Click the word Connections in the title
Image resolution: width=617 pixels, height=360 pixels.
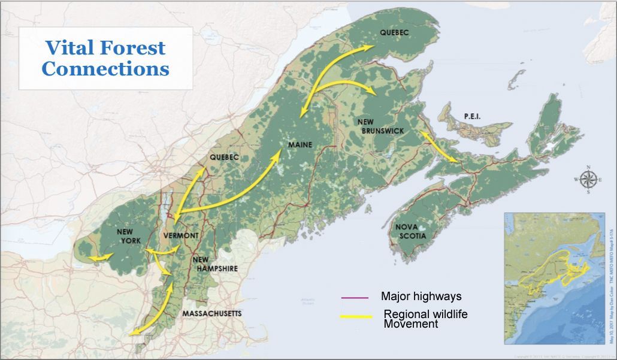pyautogui.click(x=105, y=68)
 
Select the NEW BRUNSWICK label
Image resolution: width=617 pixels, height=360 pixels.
pyautogui.click(x=380, y=126)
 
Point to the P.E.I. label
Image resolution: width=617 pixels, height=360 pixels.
pyautogui.click(x=472, y=116)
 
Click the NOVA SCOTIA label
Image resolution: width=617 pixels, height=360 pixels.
pyautogui.click(x=410, y=232)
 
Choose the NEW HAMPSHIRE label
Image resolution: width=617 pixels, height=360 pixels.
pyautogui.click(x=214, y=264)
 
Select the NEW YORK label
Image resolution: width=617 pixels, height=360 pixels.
pyautogui.click(x=129, y=236)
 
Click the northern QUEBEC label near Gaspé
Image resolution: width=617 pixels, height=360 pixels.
pyautogui.click(x=394, y=34)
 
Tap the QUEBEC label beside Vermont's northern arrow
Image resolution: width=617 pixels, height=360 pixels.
pyautogui.click(x=224, y=157)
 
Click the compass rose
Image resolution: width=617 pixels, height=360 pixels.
pyautogui.click(x=589, y=179)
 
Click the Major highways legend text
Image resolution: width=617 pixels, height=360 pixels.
pyautogui.click(x=421, y=297)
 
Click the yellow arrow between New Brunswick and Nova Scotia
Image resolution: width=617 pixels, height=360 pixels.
pyautogui.click(x=442, y=147)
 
